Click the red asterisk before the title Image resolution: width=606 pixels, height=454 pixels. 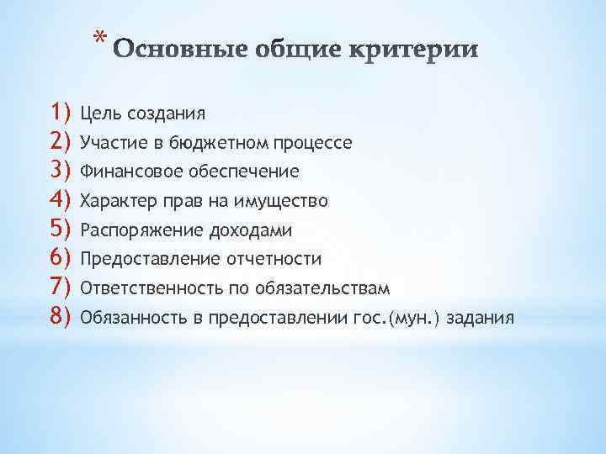coord(99,39)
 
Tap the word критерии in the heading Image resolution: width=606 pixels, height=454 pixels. coord(420,50)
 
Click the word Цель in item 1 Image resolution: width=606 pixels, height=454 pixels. coord(98,113)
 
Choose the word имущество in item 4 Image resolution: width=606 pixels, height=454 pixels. coord(285,202)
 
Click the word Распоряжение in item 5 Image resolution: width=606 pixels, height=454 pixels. coord(131,230)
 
